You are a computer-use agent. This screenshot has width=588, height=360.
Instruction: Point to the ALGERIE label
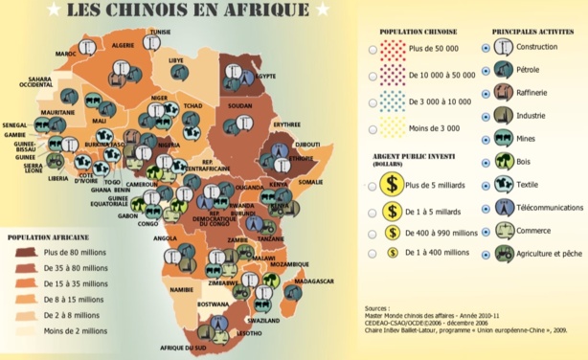tap(124, 45)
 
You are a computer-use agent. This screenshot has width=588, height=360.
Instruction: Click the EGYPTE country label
tap(264, 76)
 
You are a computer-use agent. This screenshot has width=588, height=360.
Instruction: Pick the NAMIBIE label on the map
tap(181, 288)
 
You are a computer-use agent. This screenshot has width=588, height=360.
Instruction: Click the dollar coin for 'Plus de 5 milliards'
tap(391, 187)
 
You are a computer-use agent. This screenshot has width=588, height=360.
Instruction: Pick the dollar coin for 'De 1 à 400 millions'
tap(391, 253)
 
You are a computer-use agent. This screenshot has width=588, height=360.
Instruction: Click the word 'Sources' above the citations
tap(379, 309)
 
